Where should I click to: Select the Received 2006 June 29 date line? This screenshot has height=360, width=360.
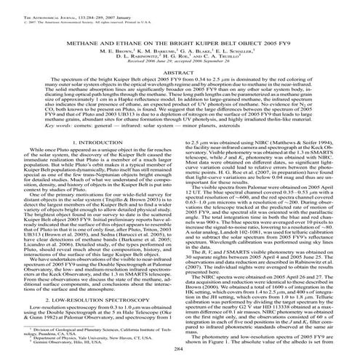(180, 68)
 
